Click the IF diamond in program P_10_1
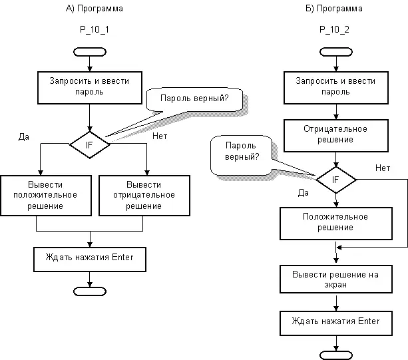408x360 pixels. [89, 144]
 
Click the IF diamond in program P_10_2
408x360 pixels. [335, 180]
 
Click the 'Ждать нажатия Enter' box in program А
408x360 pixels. [89, 259]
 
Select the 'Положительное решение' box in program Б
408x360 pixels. [335, 223]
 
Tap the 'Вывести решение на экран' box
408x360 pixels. [335, 279]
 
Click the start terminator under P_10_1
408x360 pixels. [89, 52]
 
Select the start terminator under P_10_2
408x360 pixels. [335, 52]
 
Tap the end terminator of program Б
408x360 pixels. [335, 354]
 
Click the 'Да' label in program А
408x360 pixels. [25, 136]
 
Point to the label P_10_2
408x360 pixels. [335, 31]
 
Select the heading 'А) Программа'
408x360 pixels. [95, 9]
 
